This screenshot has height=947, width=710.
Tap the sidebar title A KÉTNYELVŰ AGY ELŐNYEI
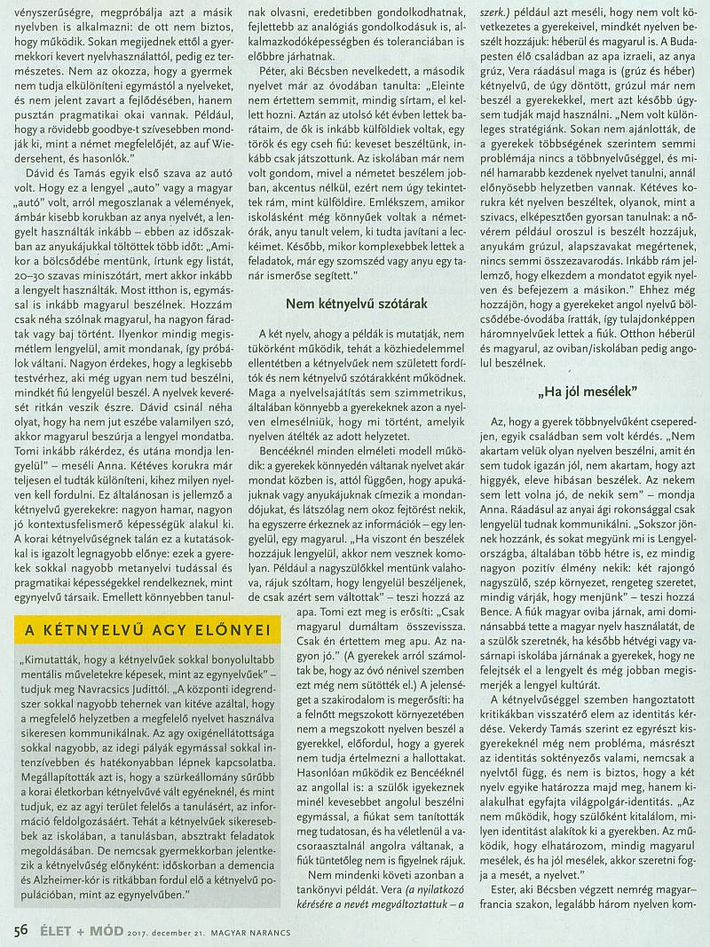coord(146,630)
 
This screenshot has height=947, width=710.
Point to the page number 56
coord(23,928)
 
